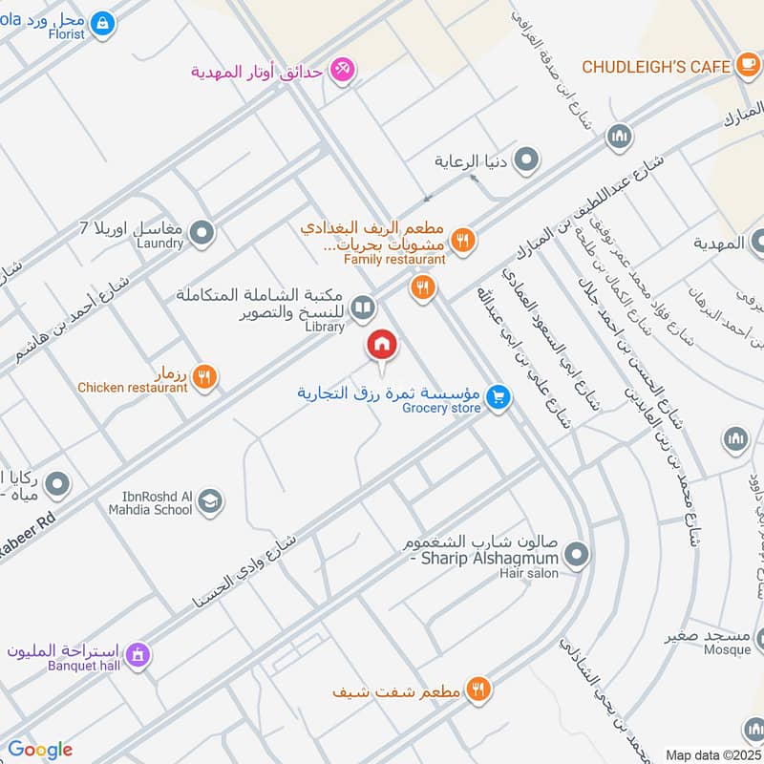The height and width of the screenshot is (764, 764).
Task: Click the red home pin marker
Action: [x=382, y=344]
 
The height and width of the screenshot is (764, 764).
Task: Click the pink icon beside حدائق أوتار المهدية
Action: [x=342, y=69]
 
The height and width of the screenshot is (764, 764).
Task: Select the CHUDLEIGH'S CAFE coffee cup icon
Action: [x=748, y=66]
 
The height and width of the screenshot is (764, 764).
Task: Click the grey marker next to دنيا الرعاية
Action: [x=526, y=160]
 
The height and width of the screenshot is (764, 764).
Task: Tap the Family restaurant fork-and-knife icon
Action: [x=462, y=241]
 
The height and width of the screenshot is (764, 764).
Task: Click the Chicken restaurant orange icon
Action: [x=203, y=377]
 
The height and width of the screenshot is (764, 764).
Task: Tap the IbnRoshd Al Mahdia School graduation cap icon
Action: [x=210, y=500]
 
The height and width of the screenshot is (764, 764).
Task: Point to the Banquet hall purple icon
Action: [x=138, y=654]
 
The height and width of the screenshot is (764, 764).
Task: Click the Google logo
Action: [x=40, y=750]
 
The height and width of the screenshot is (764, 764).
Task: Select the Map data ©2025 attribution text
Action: [x=712, y=754]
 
